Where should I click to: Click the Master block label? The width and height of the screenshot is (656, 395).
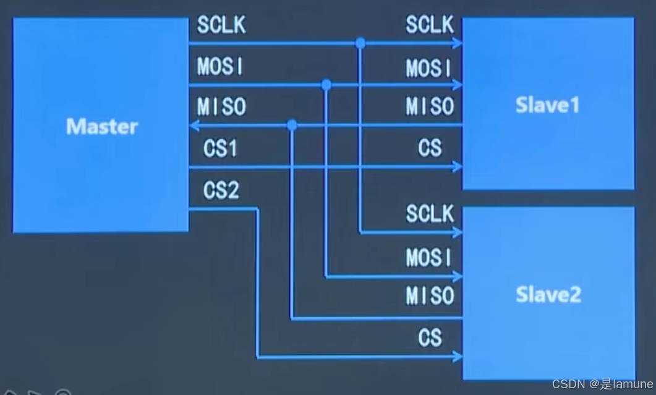(x=101, y=127)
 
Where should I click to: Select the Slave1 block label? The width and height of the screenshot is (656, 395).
(x=547, y=106)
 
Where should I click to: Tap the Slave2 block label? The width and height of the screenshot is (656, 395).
(x=548, y=295)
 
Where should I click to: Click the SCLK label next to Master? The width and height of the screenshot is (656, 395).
(x=221, y=25)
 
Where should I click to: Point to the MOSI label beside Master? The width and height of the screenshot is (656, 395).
(x=221, y=66)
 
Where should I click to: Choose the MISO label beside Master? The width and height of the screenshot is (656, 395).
(x=221, y=107)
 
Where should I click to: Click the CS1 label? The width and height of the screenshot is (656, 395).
(x=220, y=149)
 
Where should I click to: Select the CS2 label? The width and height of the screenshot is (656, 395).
(x=221, y=191)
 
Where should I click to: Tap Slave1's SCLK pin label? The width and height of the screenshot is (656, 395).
(x=430, y=25)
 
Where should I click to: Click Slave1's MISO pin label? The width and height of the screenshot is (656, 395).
(x=430, y=107)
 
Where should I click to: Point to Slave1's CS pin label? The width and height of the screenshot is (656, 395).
(x=430, y=148)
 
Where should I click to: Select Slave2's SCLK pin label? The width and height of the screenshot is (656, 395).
(x=430, y=214)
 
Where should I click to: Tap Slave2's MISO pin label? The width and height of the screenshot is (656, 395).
(x=430, y=296)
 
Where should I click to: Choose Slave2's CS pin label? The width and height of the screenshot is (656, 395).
(x=430, y=338)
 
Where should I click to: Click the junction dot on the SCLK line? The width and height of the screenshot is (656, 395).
(x=360, y=43)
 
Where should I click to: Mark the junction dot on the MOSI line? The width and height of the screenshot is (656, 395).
(x=326, y=85)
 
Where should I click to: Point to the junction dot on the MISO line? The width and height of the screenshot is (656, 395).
(x=292, y=125)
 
